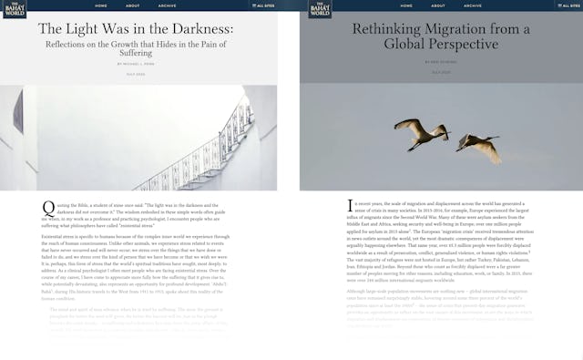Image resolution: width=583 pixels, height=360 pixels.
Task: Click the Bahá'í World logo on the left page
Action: pos(12,9)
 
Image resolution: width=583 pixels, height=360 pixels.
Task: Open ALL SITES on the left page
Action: pos(263,5)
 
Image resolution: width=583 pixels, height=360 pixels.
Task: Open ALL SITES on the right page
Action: pos(563,5)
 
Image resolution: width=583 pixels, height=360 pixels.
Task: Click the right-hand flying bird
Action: pos(478,145)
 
